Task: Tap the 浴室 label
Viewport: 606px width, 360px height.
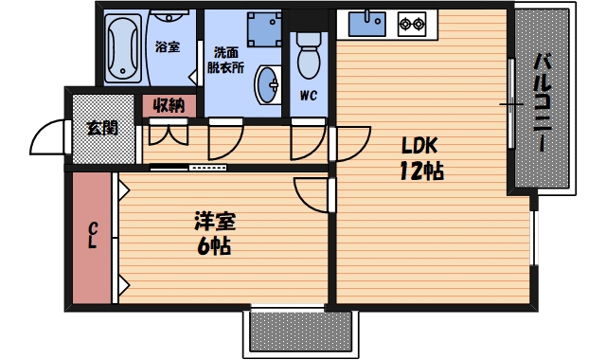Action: pyautogui.click(x=167, y=46)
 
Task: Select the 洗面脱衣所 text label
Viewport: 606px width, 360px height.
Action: pyautogui.click(x=227, y=60)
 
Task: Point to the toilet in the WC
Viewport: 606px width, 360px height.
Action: pyautogui.click(x=309, y=59)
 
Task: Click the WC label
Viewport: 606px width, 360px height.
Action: pyautogui.click(x=308, y=95)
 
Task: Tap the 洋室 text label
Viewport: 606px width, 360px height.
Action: pyautogui.click(x=215, y=224)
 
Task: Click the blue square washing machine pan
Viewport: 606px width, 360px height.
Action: pyautogui.click(x=257, y=29)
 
